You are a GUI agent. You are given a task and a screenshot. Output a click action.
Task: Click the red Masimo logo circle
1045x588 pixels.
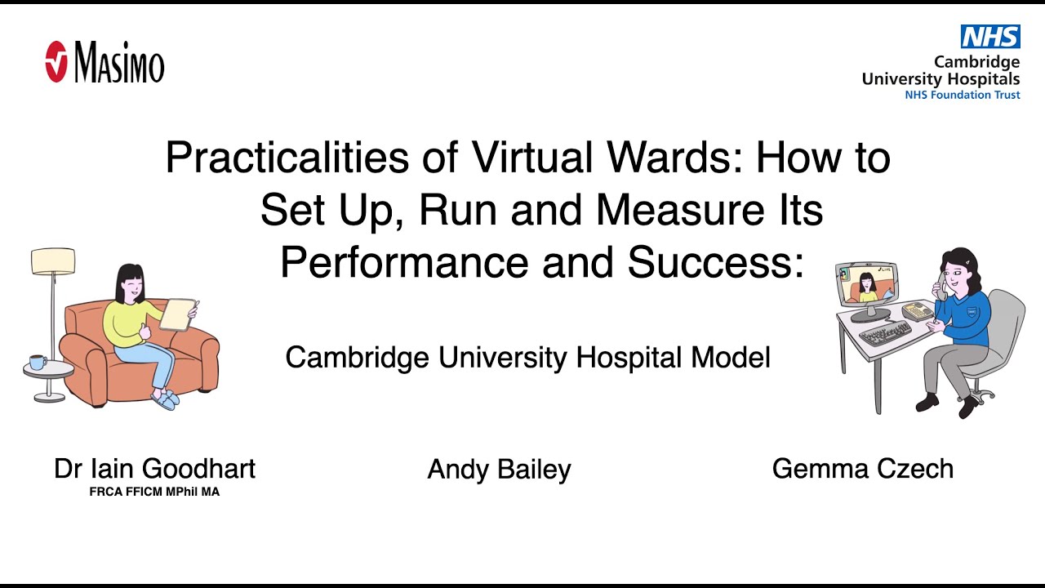[56, 62]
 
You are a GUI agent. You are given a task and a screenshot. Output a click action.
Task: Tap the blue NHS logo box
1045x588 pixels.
[989, 37]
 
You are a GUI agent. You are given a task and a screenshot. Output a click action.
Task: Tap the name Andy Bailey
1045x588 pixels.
[499, 470]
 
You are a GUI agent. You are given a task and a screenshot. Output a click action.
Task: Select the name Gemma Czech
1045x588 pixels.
[862, 469]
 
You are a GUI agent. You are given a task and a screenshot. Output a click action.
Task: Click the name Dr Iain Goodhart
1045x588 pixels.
[154, 469]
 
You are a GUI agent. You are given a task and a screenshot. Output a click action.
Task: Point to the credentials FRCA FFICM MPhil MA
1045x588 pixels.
[154, 492]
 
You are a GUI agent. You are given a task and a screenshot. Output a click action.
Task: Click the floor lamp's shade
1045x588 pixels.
[53, 261]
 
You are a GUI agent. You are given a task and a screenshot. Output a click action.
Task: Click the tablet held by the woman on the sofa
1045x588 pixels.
[178, 314]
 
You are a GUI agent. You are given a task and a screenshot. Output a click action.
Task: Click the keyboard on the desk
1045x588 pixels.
[886, 332]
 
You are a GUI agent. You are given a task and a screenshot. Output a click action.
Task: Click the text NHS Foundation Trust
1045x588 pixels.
[962, 95]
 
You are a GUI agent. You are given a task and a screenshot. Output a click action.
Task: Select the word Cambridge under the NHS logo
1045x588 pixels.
[976, 62]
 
